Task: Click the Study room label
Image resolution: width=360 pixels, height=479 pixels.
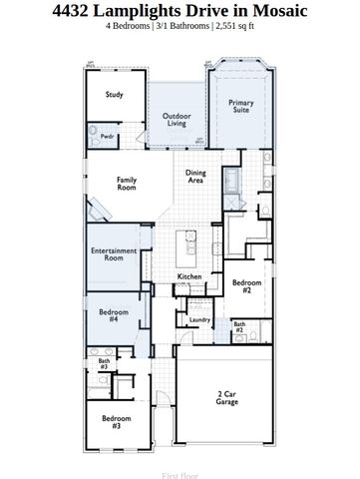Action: click(x=115, y=95)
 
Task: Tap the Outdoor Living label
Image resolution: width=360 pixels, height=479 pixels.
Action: click(x=178, y=120)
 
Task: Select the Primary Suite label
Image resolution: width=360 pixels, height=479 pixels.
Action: click(x=240, y=107)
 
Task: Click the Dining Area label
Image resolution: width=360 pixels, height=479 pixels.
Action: click(x=195, y=177)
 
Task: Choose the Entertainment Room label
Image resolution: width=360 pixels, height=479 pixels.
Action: click(x=114, y=253)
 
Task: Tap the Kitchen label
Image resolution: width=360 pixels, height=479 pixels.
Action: click(x=190, y=275)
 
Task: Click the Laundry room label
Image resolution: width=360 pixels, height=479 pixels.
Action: click(x=198, y=319)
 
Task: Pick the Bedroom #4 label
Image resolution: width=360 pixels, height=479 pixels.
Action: click(x=115, y=315)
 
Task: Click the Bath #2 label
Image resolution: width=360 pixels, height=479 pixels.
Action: click(x=239, y=326)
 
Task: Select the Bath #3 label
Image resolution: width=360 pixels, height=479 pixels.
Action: click(x=103, y=364)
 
